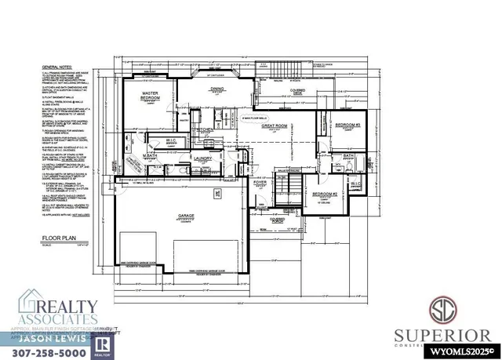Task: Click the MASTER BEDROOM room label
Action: pyautogui.click(x=151, y=96)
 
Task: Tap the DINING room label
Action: pyautogui.click(x=217, y=89)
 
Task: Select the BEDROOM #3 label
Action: pyautogui.click(x=346, y=125)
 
